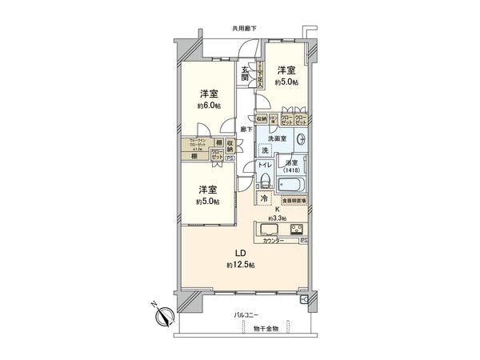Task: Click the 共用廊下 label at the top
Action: [x=243, y=28]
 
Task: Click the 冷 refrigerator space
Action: [x=263, y=198]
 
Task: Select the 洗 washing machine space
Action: [x=263, y=151]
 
